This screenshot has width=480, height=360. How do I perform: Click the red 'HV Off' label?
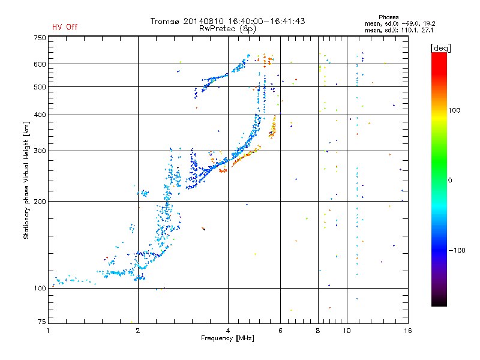point(65,27)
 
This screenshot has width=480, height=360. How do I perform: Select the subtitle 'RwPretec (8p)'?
point(227,29)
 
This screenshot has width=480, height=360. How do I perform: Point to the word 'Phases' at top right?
point(388,17)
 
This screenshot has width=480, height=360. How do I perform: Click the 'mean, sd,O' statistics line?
point(400,23)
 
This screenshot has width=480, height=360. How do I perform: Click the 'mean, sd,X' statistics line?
point(399,30)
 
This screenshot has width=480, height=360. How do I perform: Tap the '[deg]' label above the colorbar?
point(440,48)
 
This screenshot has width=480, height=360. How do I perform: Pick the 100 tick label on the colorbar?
point(454,110)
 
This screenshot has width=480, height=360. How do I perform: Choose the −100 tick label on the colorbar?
point(457,250)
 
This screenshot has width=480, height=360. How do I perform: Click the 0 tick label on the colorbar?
point(450,180)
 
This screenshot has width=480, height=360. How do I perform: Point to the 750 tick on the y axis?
point(40,38)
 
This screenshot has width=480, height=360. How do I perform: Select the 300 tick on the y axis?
point(40,151)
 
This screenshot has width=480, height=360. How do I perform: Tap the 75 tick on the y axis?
point(42,322)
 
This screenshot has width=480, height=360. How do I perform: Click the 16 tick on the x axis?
point(407,331)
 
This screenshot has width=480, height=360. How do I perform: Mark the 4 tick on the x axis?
point(228,331)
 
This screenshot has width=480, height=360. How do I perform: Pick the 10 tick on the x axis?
point(347,331)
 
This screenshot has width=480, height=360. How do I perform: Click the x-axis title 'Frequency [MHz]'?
point(227,338)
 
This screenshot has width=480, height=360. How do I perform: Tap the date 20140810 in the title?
point(203,21)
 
